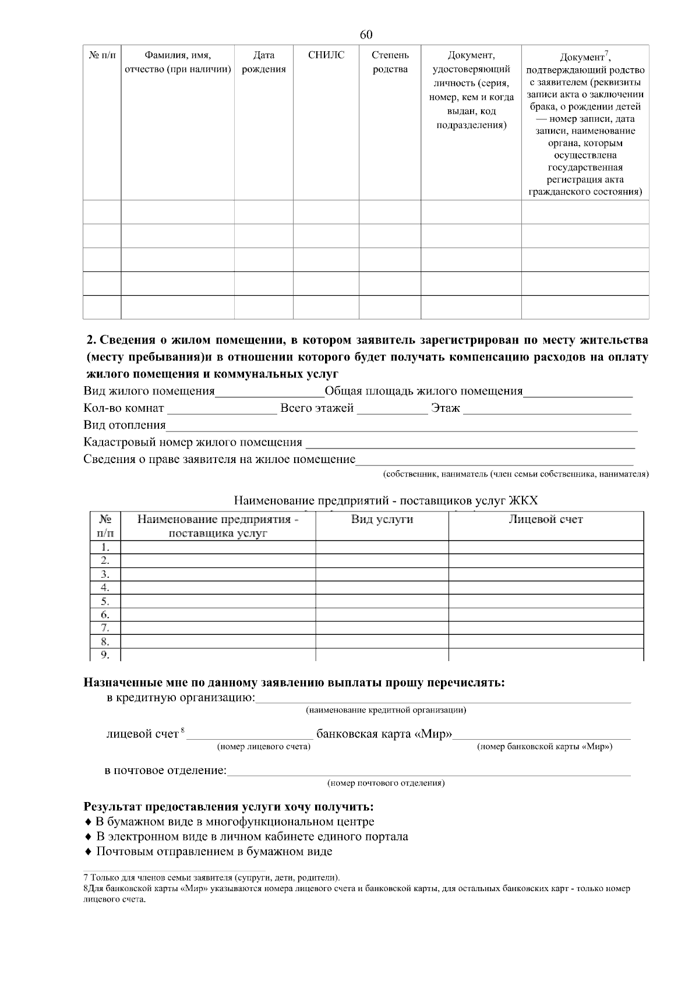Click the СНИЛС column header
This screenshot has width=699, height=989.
pyautogui.click(x=326, y=55)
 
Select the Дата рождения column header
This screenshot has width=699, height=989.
pyautogui.click(x=263, y=62)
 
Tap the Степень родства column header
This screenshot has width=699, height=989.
pyautogui.click(x=390, y=62)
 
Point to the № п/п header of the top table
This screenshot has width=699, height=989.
pyautogui.click(x=102, y=55)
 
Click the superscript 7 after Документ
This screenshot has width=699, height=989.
pyautogui.click(x=606, y=54)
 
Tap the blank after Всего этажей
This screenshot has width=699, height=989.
pyautogui.click(x=391, y=409)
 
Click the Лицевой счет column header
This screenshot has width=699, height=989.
pyautogui.click(x=545, y=520)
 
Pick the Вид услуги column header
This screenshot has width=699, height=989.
pyautogui.click(x=382, y=520)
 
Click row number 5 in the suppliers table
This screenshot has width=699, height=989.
pyautogui.click(x=105, y=601)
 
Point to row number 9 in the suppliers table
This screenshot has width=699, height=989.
pyautogui.click(x=105, y=655)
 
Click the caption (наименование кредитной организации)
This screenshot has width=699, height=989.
pyautogui.click(x=386, y=710)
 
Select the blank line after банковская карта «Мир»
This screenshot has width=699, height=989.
pyautogui.click(x=542, y=734)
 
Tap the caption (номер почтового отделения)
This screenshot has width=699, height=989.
pyautogui.click(x=386, y=783)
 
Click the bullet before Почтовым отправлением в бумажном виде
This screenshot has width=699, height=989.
pyautogui.click(x=88, y=852)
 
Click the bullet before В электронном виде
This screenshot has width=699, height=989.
pyautogui.click(x=88, y=837)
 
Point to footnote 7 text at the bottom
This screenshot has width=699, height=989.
pyautogui.click(x=213, y=877)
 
